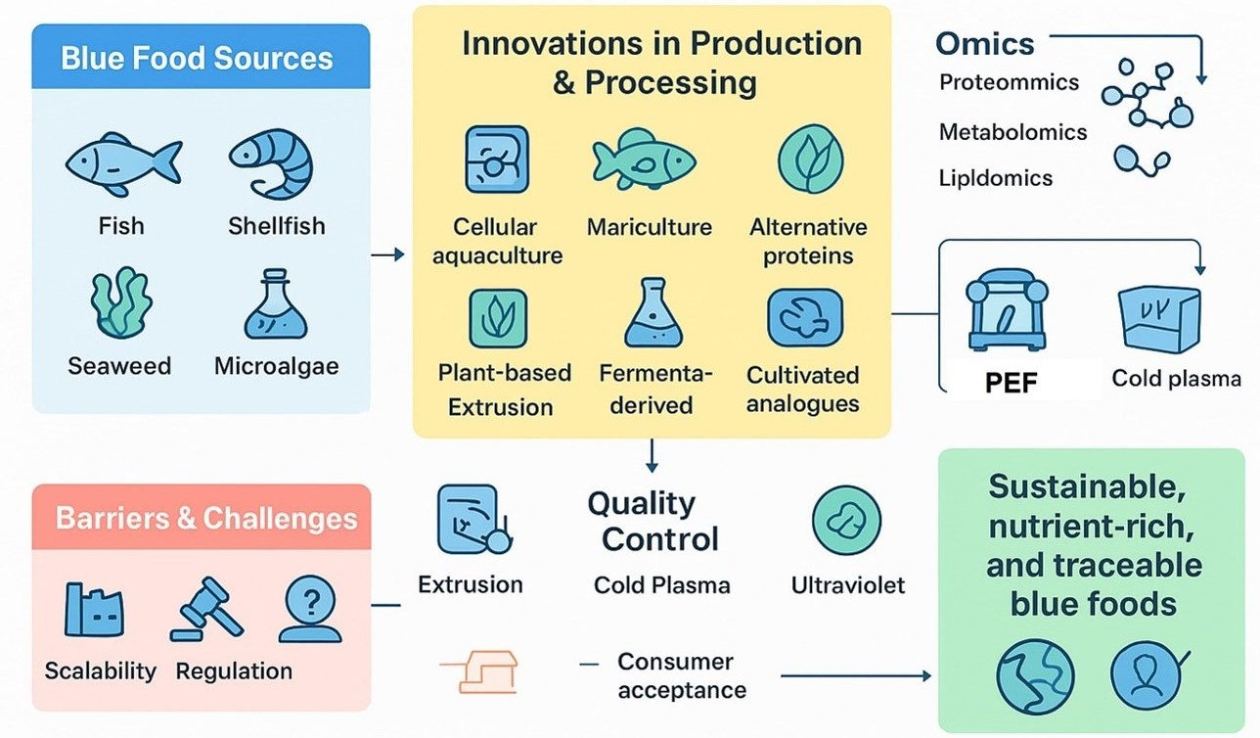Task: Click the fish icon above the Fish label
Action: [122, 160]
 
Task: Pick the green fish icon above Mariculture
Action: [644, 160]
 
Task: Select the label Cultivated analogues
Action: [803, 389]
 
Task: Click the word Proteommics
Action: [1009, 82]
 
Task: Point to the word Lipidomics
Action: [996, 177]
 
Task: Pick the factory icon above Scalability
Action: [94, 610]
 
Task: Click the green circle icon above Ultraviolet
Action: [846, 522]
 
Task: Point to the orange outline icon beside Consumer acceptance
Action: [477, 673]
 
